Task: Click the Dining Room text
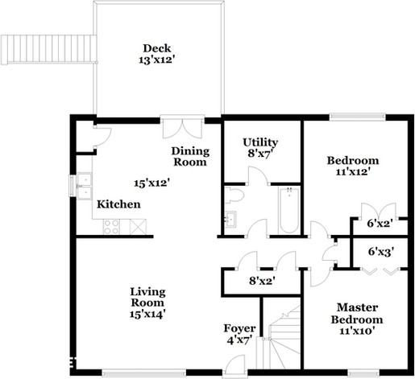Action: coord(190,156)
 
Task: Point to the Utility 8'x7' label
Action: coord(260,149)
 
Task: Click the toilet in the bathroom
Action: coord(234,195)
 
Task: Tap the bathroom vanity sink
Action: coord(230,219)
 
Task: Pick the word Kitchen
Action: coord(118,205)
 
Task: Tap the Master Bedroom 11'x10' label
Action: coord(357,319)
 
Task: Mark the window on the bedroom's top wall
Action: coord(355,119)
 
